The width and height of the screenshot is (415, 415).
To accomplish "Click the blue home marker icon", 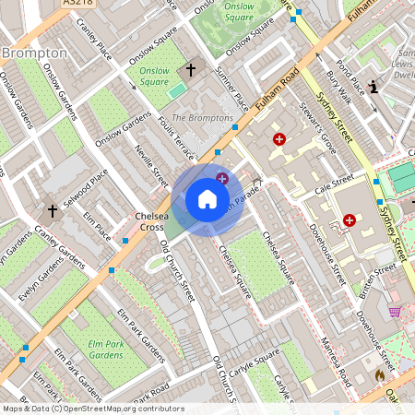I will point(207,199).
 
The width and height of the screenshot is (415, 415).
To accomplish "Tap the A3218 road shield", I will point(80,4).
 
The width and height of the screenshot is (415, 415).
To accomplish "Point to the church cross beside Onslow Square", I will point(192,69).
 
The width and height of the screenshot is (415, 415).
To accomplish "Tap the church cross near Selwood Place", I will point(53,211).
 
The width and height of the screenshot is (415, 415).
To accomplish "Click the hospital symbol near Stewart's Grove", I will point(279,139).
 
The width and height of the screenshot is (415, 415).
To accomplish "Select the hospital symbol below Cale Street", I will point(349,219).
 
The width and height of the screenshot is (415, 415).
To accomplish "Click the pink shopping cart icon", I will point(396,313).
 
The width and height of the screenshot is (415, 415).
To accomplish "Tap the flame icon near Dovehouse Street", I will point(379,376).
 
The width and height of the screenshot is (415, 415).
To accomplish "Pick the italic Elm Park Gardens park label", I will point(106,350).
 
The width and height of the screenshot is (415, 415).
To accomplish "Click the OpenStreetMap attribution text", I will point(92,409).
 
